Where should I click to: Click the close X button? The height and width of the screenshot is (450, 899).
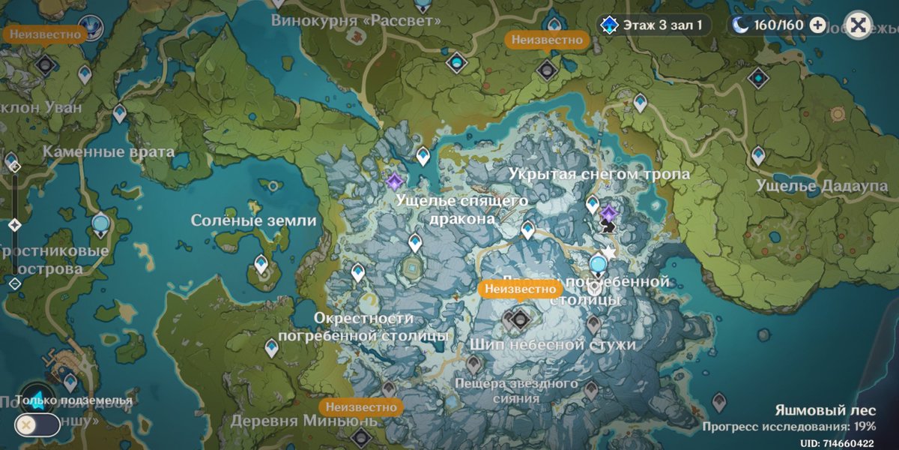(x=859, y=25)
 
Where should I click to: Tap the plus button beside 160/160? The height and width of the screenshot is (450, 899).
(x=818, y=25)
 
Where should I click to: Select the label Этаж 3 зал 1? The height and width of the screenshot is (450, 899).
(x=653, y=25)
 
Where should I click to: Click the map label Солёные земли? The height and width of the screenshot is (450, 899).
(x=253, y=220)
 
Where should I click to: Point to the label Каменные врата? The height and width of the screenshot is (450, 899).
(x=108, y=152)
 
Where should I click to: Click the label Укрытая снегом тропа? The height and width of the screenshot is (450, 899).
(x=599, y=174)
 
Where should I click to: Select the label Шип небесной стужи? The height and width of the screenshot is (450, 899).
(x=553, y=345)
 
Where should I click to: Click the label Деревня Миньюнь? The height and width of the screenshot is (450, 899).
(x=302, y=421)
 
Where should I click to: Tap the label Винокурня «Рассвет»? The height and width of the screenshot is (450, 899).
(x=356, y=20)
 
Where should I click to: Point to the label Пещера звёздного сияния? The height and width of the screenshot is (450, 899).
(x=517, y=390)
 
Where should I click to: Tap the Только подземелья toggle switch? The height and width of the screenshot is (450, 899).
(x=36, y=424)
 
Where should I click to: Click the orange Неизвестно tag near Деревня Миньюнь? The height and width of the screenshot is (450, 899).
(x=360, y=406)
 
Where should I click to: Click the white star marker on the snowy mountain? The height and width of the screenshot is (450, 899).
(x=610, y=253)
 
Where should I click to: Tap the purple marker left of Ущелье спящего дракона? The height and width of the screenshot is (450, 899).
(x=394, y=181)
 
